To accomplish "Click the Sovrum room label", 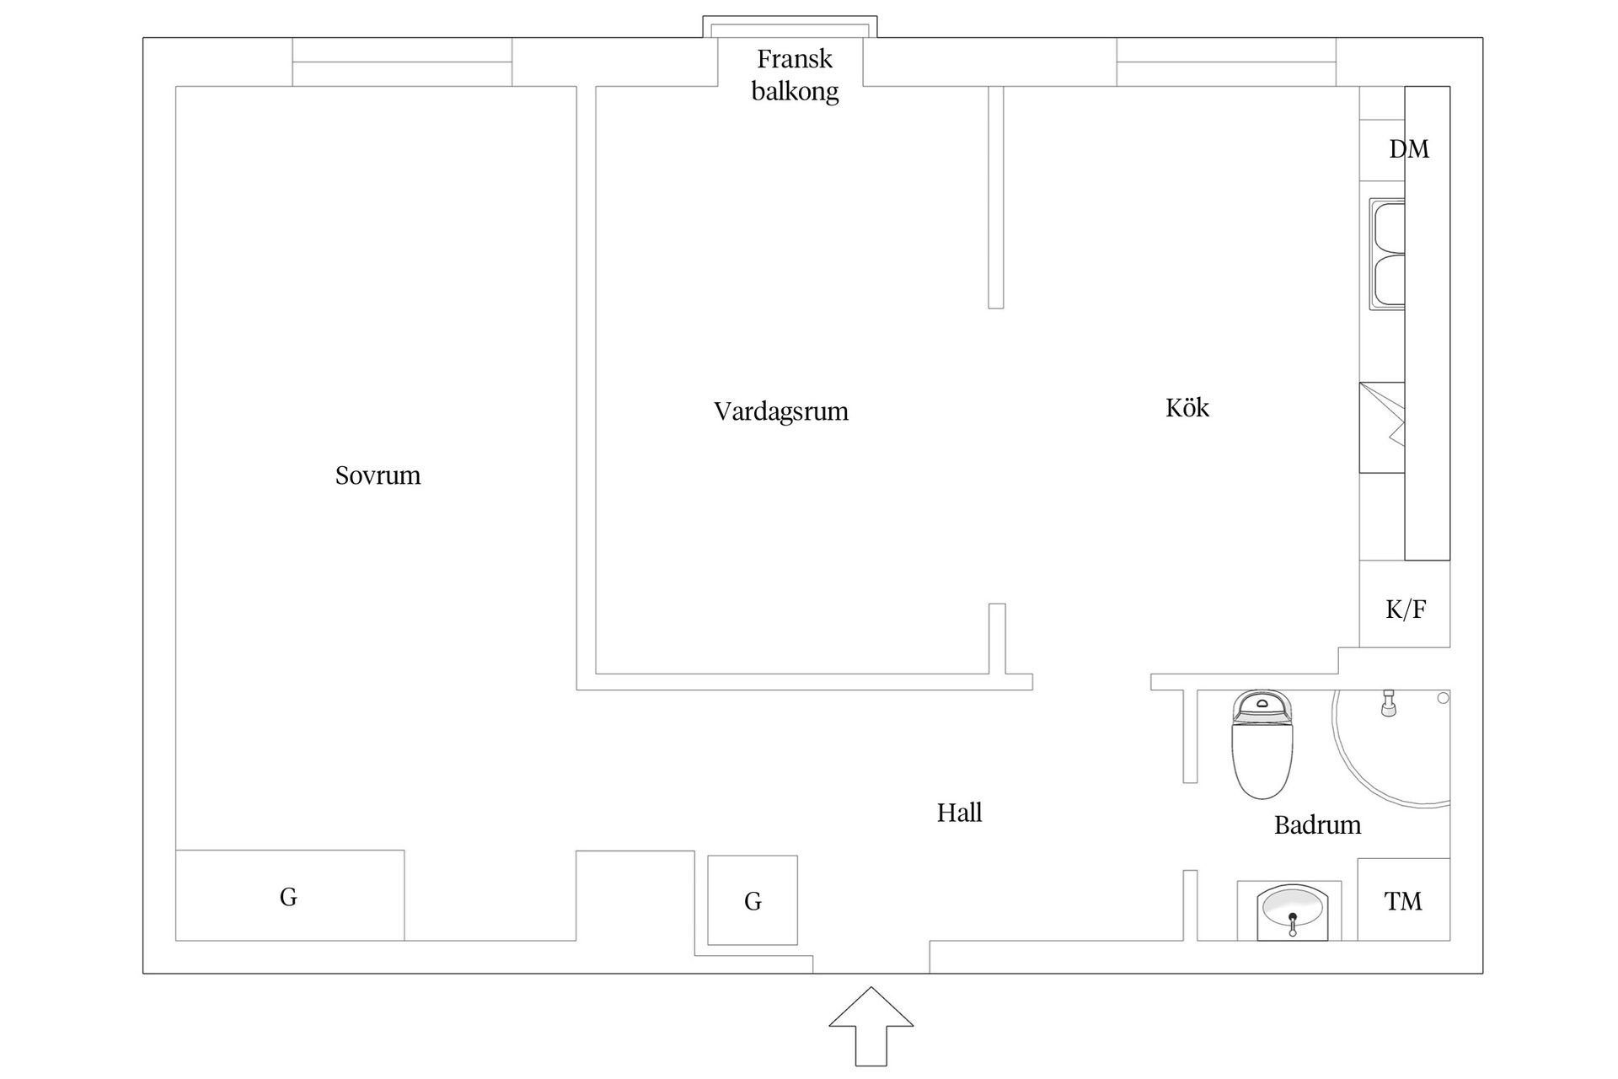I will point(378,475).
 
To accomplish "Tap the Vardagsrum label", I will point(780,411).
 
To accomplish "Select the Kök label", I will point(1187,408).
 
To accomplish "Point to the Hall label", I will point(959,813).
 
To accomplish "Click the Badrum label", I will point(1317,824).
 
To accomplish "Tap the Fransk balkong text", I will point(795,75).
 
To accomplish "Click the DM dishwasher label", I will point(1408,149).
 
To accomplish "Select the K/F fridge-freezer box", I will point(1404,609).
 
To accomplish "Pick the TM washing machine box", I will point(1403,900).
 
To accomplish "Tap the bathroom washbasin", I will point(1290,911).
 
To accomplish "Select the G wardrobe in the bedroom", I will point(289,895).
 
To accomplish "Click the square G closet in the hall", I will point(753,900).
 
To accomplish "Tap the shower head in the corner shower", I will point(1388,703).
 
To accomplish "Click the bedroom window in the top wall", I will point(402,62).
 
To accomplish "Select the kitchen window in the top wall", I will point(1225,62).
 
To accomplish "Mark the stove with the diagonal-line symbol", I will point(1382,427).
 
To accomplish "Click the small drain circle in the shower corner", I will point(1443,698).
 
